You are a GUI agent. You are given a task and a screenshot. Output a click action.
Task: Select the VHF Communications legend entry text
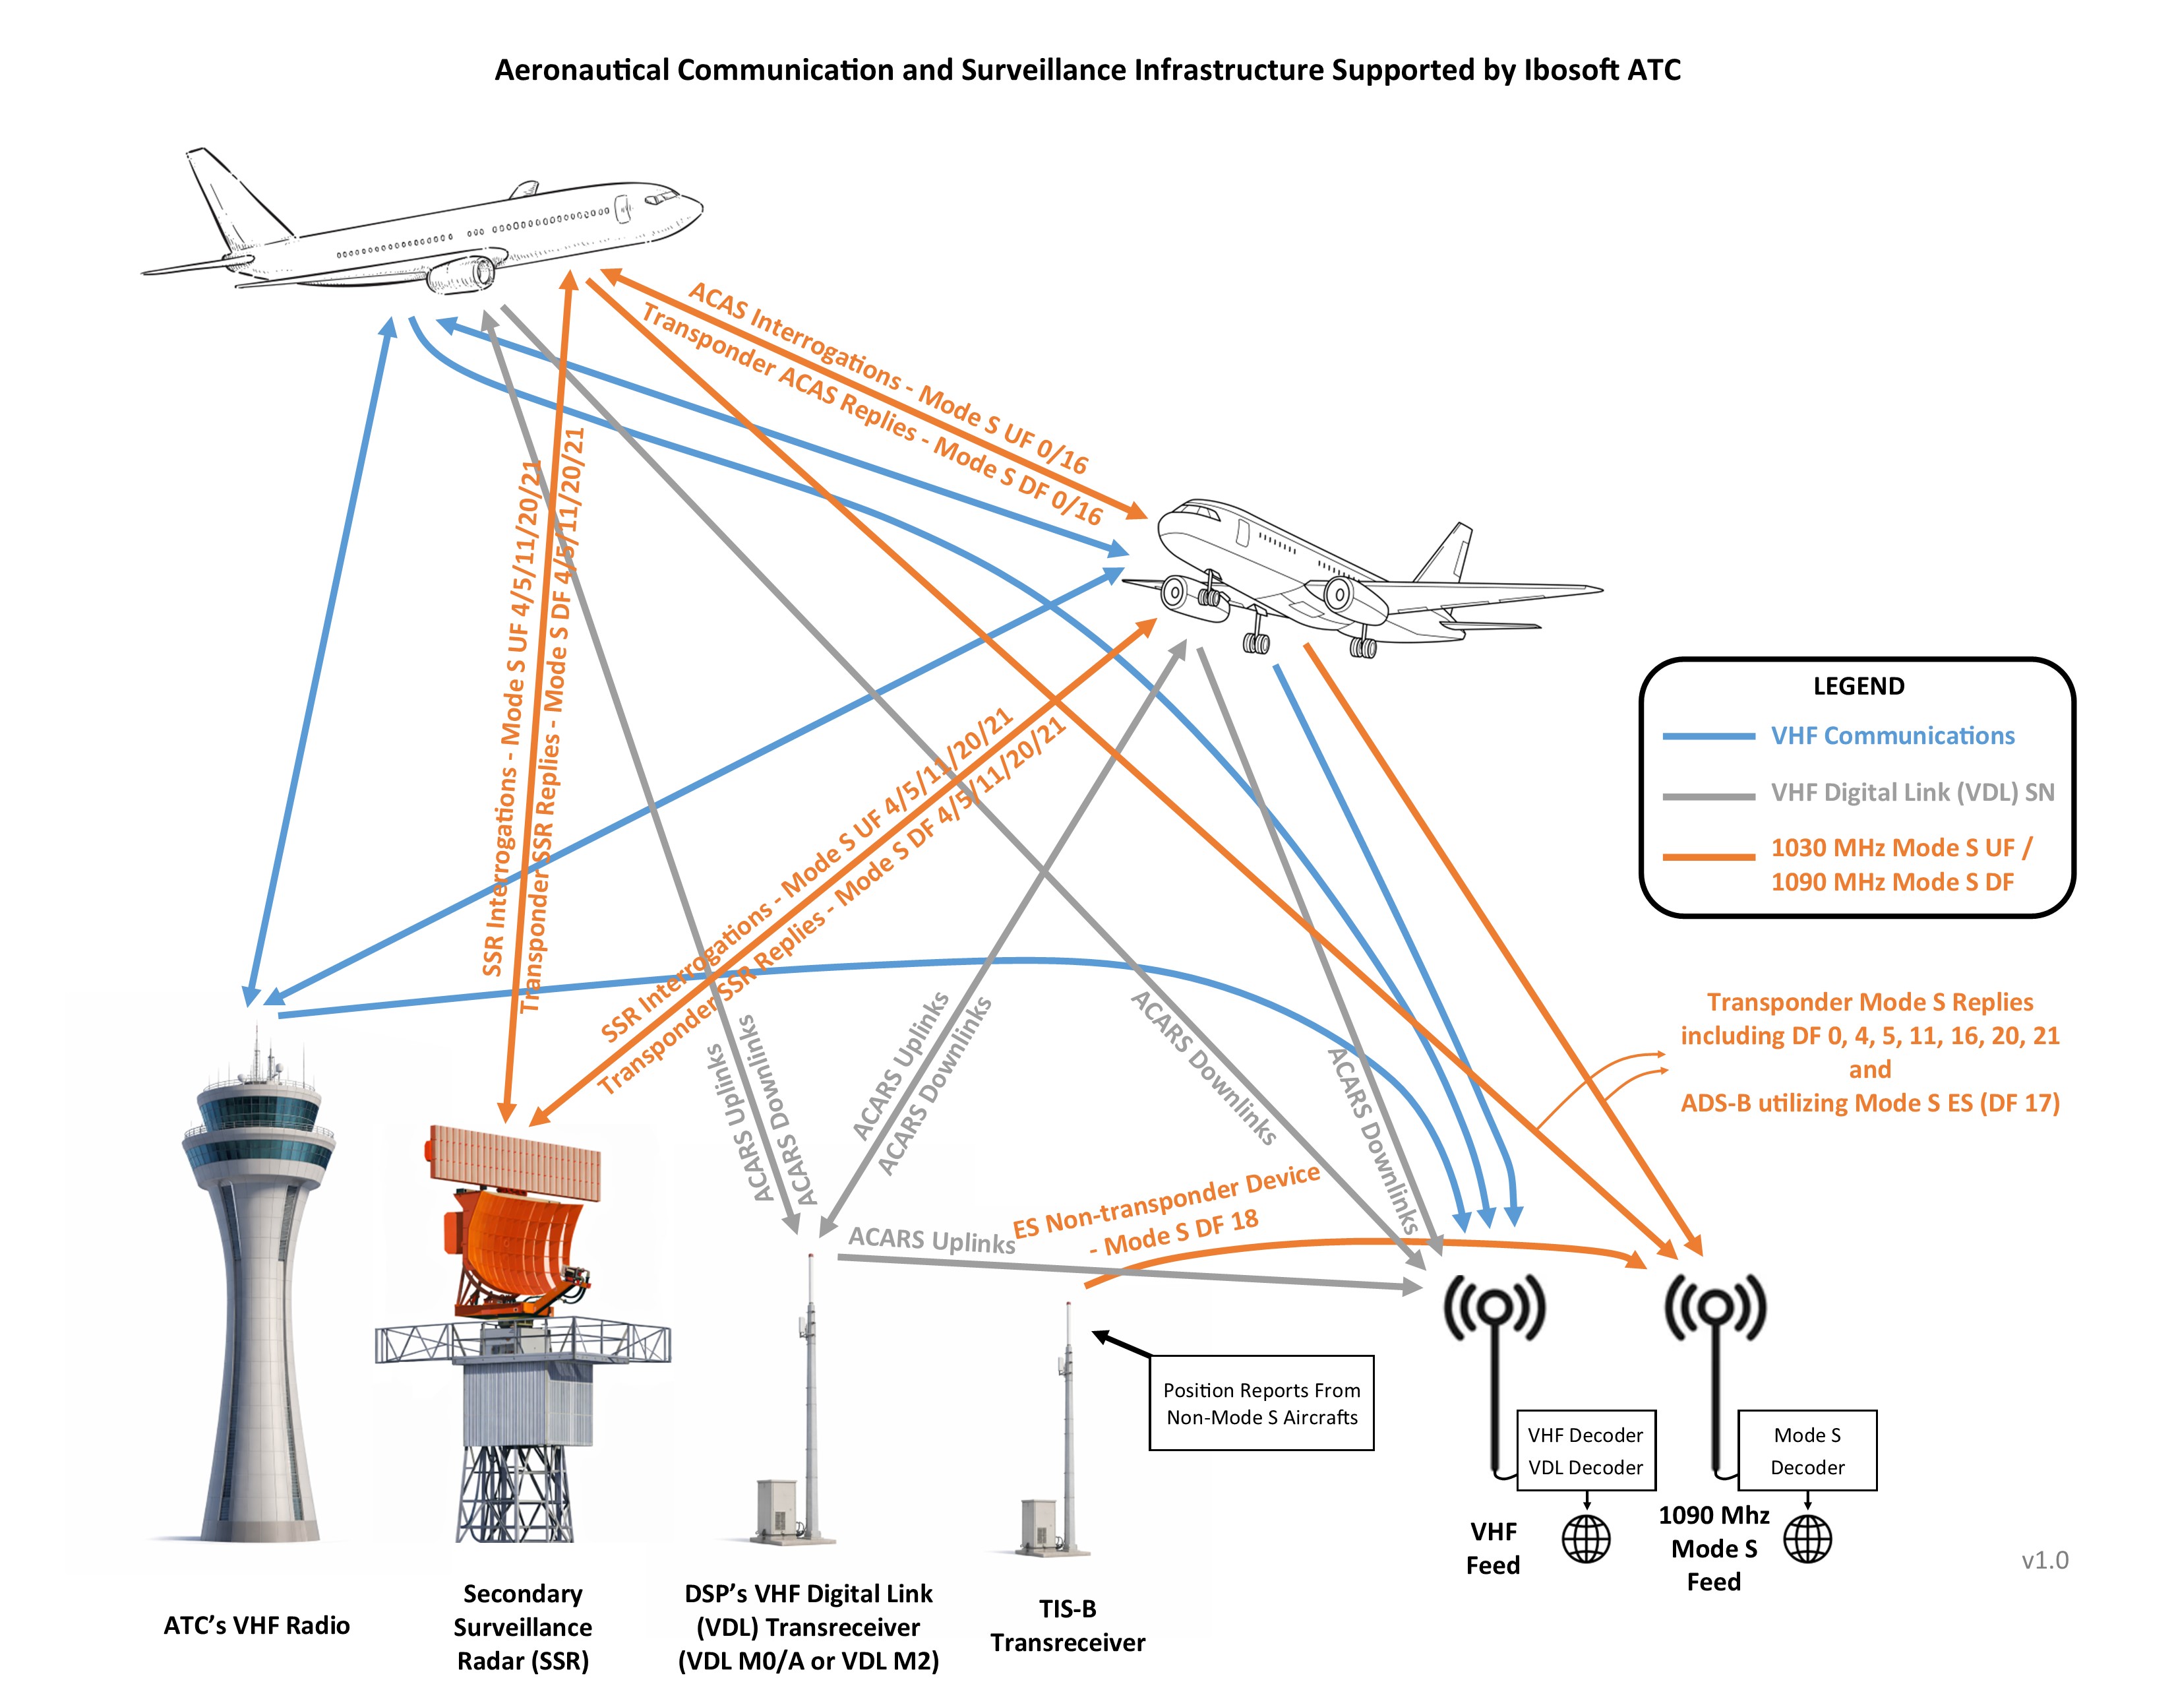1891,736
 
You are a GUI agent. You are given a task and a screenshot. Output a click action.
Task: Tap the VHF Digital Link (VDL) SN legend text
1912,792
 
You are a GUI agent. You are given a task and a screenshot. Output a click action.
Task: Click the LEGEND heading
1858,687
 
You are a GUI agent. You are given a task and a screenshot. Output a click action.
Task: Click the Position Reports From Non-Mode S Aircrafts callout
1261,1402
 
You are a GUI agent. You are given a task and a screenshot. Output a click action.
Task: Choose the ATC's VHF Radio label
257,1625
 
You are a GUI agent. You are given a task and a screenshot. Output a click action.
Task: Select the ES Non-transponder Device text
1166,1200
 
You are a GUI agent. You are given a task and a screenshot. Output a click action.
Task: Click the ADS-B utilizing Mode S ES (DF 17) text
1869,1103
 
